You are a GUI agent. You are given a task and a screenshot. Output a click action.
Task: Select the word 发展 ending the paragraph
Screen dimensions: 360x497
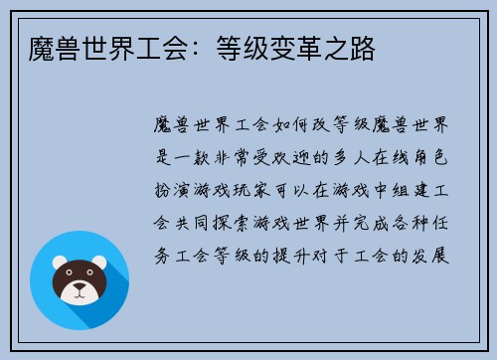point(438,253)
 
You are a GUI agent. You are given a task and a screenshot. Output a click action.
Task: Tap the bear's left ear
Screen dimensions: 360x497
point(61,264)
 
